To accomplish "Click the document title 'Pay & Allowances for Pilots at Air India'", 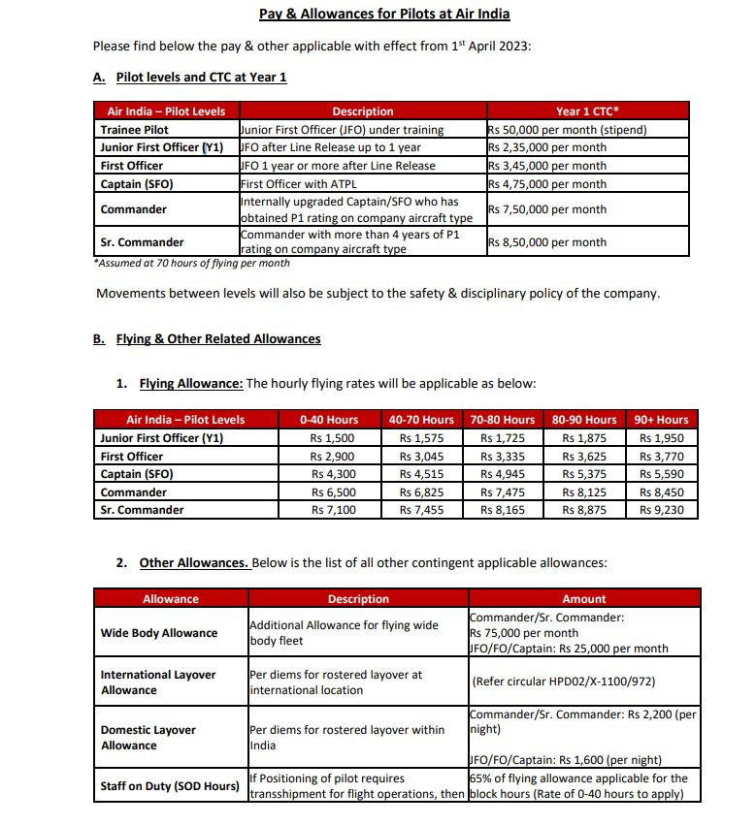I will coord(383,14).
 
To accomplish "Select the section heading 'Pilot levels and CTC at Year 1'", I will coord(201,77).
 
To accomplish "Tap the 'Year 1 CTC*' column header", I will coord(587,111).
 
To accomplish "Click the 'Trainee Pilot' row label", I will coord(135,130).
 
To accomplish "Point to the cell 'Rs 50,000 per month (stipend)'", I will coord(568,130).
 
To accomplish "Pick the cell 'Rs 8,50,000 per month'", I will coord(547,242).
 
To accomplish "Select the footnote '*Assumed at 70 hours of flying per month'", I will coord(191,263).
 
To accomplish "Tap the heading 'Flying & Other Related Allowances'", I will coord(218,339).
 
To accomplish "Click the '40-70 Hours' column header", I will coord(421,420).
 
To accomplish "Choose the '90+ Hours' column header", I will coord(661,420).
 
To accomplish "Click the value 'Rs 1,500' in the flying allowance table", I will coord(332,438).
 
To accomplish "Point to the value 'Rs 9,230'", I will coord(661,510).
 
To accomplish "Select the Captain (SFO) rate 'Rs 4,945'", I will coord(502,474).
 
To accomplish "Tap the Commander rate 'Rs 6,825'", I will coord(421,492).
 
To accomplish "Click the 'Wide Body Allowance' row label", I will coord(159,633).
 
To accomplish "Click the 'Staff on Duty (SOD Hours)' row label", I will coord(170,786).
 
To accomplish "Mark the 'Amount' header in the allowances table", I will coord(583,599).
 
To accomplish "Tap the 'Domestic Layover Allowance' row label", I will coord(148,738).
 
